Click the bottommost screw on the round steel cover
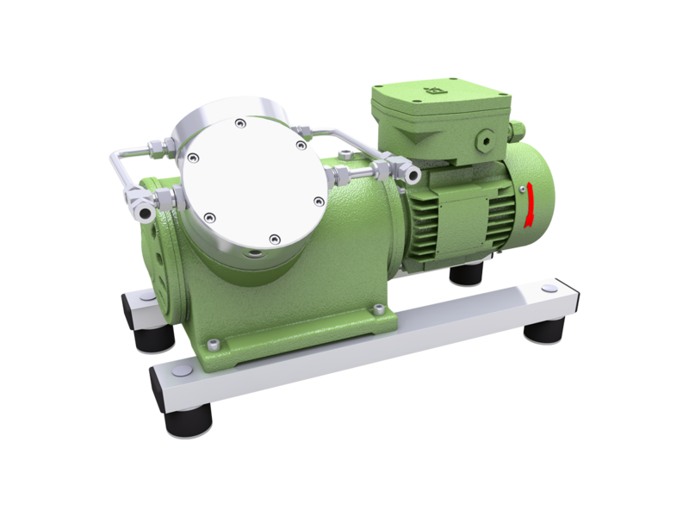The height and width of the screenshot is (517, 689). point(274,239)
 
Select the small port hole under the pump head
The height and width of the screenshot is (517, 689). point(255,255)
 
